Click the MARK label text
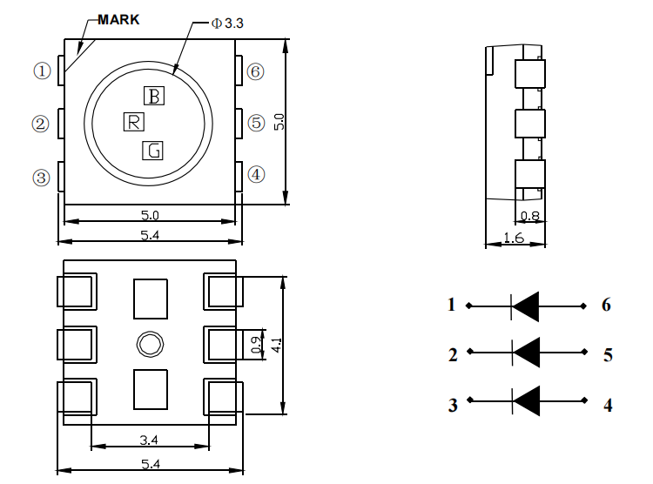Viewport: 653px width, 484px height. click(x=118, y=19)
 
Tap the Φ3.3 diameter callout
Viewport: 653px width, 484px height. click(x=227, y=24)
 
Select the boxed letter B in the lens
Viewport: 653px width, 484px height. click(x=154, y=96)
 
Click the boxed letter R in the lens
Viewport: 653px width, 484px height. click(x=134, y=122)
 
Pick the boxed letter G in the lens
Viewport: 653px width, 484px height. click(x=153, y=151)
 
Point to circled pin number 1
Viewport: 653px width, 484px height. click(x=42, y=71)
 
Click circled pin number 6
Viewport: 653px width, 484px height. click(x=255, y=71)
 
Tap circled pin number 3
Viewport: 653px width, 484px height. click(x=41, y=178)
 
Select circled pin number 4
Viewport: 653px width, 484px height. click(x=256, y=174)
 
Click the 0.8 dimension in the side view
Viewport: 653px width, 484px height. click(x=530, y=216)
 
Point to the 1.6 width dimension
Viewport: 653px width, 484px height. click(x=514, y=238)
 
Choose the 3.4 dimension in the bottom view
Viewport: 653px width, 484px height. click(x=149, y=440)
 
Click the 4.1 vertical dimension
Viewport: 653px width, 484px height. click(x=278, y=346)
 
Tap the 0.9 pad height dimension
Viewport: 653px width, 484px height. click(x=257, y=345)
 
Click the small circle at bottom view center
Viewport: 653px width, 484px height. click(x=150, y=344)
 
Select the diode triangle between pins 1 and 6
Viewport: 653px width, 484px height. click(x=525, y=306)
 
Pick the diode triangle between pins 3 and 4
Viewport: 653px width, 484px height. click(x=526, y=400)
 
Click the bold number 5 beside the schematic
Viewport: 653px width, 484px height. click(x=608, y=355)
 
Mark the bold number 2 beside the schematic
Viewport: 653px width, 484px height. click(x=453, y=355)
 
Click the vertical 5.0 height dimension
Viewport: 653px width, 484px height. click(x=279, y=122)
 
